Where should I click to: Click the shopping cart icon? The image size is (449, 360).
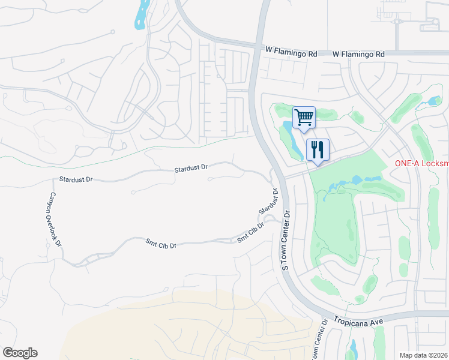304,118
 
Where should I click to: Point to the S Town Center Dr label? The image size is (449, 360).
286,239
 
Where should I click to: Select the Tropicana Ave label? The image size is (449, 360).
360,322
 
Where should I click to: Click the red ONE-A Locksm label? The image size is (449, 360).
421,164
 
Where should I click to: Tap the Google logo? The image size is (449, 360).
20,353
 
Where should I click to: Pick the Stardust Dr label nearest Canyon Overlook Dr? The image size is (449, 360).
76,179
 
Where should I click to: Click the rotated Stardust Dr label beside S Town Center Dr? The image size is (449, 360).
269,202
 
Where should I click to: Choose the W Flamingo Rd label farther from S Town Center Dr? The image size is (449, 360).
358,54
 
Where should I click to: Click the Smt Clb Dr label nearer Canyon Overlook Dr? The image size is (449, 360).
161,244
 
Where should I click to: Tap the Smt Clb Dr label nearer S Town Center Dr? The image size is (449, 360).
251,233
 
